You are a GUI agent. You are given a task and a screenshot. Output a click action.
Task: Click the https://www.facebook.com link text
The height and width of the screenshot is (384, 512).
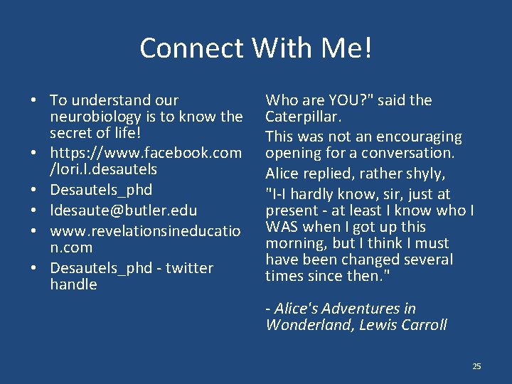point(146,153)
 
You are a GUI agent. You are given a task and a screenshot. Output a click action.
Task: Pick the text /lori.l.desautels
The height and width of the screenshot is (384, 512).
point(104,169)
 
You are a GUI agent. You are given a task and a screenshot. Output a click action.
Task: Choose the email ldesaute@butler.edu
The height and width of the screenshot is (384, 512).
point(124,210)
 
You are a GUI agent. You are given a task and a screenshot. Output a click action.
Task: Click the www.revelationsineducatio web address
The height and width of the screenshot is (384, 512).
point(146,231)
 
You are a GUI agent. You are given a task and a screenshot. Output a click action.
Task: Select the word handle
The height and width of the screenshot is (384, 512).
point(73,284)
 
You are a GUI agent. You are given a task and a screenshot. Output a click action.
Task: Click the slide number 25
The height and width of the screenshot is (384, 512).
point(476,366)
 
